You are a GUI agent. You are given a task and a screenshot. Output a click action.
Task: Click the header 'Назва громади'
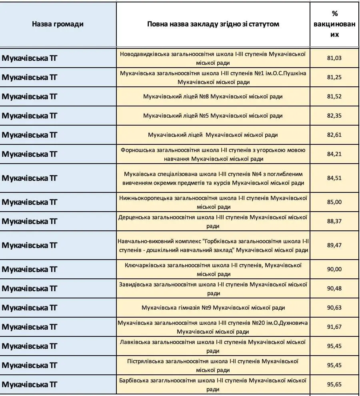tap(58, 24)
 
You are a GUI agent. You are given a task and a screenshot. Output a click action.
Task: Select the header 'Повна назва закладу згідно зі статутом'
tap(213, 24)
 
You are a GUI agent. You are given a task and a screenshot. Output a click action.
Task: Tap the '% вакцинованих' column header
tap(335, 24)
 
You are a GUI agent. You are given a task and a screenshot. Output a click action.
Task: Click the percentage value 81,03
tap(334, 58)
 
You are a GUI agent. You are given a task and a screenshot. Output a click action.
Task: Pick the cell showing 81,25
tap(334, 77)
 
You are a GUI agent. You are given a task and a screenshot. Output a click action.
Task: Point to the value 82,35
tap(334, 116)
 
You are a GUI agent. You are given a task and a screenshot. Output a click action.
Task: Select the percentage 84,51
tap(334, 178)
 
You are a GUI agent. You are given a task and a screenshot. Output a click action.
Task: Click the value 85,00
tap(334, 202)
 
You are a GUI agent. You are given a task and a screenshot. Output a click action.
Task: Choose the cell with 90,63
tap(334, 308)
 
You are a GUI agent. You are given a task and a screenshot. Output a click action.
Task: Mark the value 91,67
tap(334, 327)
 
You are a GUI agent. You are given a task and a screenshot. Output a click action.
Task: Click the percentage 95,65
tap(334, 384)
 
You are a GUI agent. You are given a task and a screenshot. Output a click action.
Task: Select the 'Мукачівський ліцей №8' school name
tap(213, 96)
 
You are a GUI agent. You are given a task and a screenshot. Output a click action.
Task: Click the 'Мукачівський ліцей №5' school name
tap(213, 116)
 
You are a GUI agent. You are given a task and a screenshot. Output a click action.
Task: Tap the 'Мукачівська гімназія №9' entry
tap(213, 308)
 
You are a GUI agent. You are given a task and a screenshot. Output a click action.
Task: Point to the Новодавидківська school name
tap(213, 58)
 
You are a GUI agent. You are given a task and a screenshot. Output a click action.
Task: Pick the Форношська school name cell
tap(213, 154)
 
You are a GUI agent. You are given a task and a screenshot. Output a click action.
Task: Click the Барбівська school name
tap(213, 384)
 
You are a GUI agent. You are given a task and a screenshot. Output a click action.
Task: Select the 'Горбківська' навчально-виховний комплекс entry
tap(213, 245)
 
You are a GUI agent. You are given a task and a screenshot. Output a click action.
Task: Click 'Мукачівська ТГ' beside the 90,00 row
tap(30, 269)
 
